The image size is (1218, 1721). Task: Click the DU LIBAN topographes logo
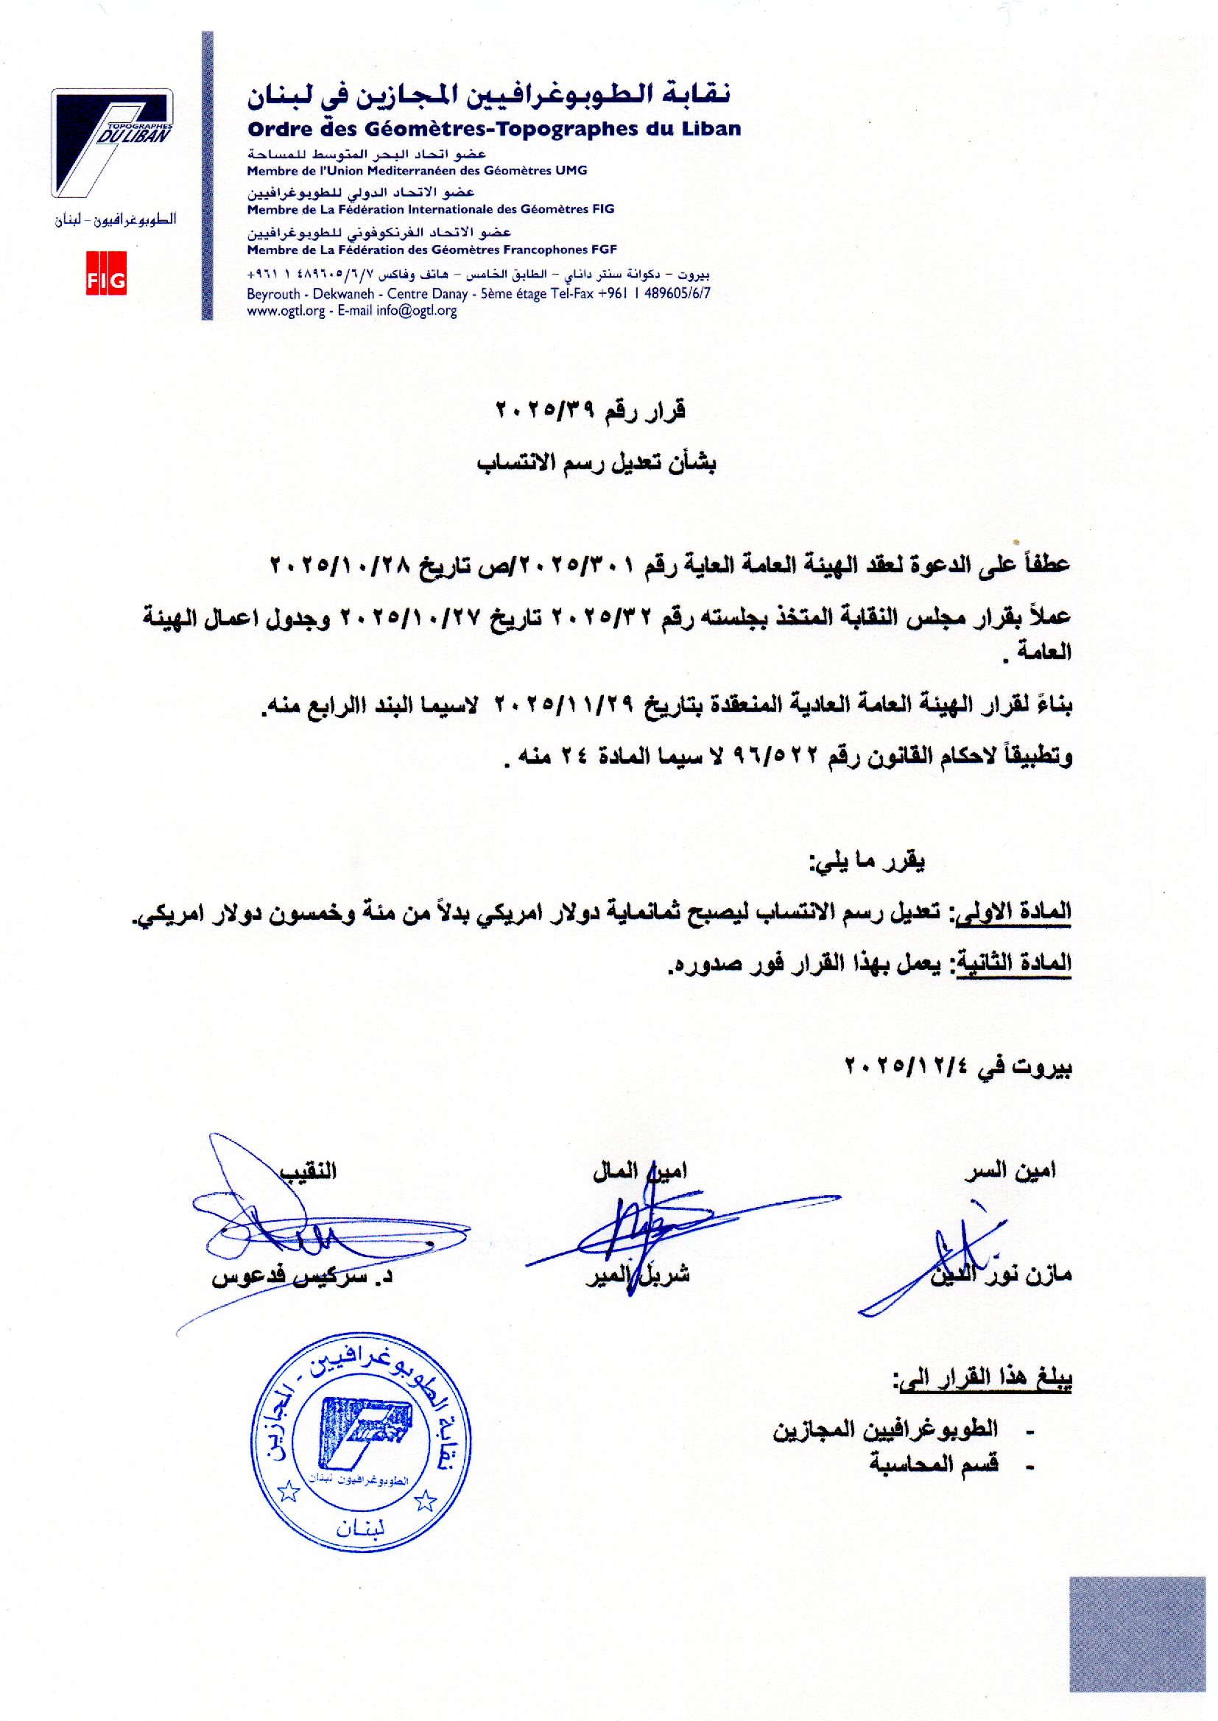pos(113,143)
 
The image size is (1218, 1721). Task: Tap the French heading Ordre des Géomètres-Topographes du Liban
pos(494,129)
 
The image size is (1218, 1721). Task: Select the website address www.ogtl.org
pos(286,312)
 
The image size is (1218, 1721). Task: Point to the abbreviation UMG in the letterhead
pos(571,171)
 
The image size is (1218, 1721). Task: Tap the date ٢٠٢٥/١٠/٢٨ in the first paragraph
pos(352,565)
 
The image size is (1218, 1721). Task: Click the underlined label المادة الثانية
pos(1013,965)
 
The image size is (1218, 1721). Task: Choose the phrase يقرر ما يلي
pos(866,862)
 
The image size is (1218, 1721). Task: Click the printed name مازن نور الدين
pos(1001,1274)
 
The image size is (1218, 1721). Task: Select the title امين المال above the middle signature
pos(639,1171)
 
